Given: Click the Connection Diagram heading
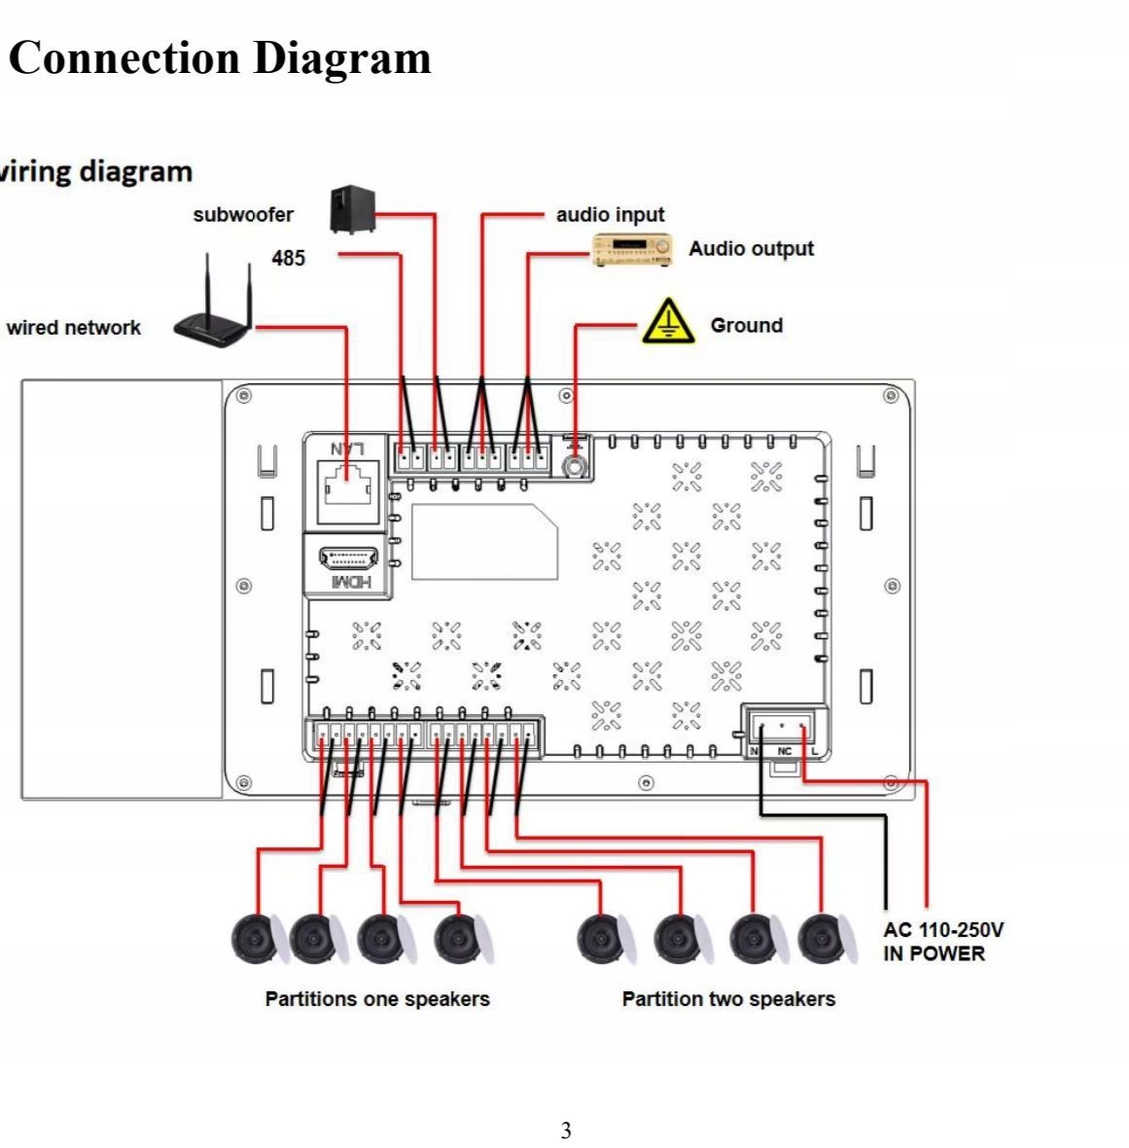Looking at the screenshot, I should click(220, 57).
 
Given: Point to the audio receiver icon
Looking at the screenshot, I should click(633, 249).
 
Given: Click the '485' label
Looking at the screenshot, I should click(288, 258).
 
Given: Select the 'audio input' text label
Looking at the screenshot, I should click(610, 215).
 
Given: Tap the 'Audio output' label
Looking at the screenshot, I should click(751, 249).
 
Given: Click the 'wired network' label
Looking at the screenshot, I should click(73, 328).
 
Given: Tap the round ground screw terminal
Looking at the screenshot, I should click(576, 467).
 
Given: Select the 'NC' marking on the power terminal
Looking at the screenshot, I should click(785, 751).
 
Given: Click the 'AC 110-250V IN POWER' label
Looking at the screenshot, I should click(943, 942).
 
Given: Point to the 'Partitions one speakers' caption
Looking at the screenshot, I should click(377, 999).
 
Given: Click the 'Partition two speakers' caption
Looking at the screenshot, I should click(728, 999).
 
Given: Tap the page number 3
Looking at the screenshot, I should click(566, 1130).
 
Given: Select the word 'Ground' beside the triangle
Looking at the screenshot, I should click(746, 326).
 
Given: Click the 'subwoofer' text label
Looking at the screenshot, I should click(243, 215).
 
